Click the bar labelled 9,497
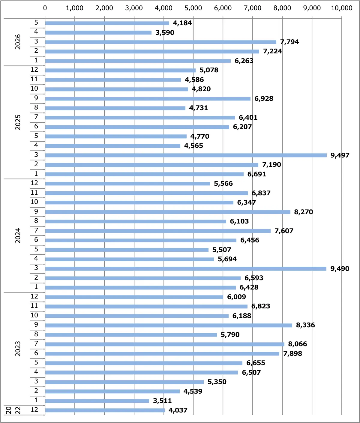point(186,155)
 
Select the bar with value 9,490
point(186,268)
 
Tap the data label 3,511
point(162,400)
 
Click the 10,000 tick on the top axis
point(342,8)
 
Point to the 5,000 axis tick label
point(193,8)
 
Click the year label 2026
point(18,42)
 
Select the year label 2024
point(18,235)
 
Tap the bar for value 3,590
point(98,32)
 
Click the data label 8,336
point(306,325)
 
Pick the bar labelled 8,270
point(168,212)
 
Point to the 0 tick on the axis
point(45,8)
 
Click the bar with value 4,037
point(105,410)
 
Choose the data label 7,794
point(289,42)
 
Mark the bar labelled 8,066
point(165,344)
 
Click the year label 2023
point(18,349)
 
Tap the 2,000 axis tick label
point(104,8)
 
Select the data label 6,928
point(264,98)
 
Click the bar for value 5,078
point(120,70)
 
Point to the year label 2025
point(18,122)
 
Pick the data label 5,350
point(217,382)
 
